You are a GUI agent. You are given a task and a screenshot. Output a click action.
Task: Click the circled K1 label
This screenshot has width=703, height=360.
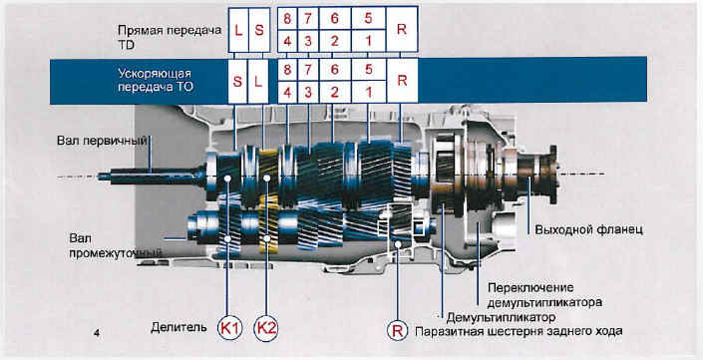click(230, 329)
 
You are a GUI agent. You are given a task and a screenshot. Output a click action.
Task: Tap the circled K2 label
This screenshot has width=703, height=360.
click(266, 329)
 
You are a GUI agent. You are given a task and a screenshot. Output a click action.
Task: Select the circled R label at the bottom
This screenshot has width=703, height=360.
click(397, 332)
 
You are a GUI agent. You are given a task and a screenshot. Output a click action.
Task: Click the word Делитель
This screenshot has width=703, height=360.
click(178, 327)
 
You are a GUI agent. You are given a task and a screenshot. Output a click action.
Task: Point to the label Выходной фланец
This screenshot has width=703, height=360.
click(589, 229)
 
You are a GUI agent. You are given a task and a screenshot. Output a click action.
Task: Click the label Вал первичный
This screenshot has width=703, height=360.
click(102, 141)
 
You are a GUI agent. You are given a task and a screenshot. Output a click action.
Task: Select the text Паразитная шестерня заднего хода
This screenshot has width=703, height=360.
click(518, 332)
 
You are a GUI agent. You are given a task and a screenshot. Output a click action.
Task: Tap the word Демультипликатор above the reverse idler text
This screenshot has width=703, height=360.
click(501, 317)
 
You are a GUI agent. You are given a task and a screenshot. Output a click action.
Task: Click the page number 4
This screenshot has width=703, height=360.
click(97, 333)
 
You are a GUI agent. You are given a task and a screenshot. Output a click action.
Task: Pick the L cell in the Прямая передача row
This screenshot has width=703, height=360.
click(238, 30)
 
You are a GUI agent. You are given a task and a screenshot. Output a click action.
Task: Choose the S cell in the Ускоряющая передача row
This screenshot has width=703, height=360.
click(237, 81)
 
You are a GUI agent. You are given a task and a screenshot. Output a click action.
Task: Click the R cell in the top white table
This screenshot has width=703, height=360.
click(402, 30)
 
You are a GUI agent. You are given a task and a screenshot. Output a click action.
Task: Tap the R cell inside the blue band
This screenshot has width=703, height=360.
click(402, 81)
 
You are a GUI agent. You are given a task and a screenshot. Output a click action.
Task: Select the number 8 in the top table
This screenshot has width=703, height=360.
click(287, 19)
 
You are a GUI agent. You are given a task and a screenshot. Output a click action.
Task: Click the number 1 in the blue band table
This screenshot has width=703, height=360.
click(368, 93)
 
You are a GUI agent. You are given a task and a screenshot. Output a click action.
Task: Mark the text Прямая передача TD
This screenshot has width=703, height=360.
click(170, 37)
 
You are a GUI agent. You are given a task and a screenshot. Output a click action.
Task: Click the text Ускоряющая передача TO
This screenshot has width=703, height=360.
click(156, 80)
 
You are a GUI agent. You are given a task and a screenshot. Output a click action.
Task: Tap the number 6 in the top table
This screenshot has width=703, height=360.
click(334, 19)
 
